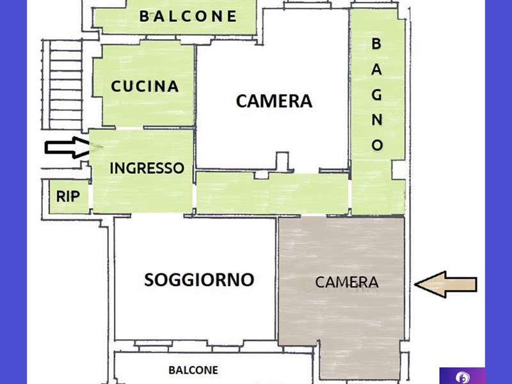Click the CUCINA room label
[x=145, y=86]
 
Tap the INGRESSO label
[x=147, y=168]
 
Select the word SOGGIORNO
[x=199, y=280]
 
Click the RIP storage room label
[x=68, y=196]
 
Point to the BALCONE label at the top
[x=188, y=17]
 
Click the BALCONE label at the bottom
[x=193, y=370]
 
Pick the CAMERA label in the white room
[x=274, y=101]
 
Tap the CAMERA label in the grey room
[x=347, y=282]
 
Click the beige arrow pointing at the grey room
[x=445, y=284]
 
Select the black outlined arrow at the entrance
[x=67, y=147]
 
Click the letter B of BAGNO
[x=376, y=44]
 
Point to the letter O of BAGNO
[x=377, y=145]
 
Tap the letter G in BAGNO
[x=377, y=95]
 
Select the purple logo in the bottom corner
[x=462, y=376]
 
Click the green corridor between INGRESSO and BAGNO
[x=273, y=193]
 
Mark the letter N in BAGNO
[x=377, y=120]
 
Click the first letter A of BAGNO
[x=376, y=69]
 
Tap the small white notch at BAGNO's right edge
[x=398, y=170]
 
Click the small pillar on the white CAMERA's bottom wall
[x=282, y=161]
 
